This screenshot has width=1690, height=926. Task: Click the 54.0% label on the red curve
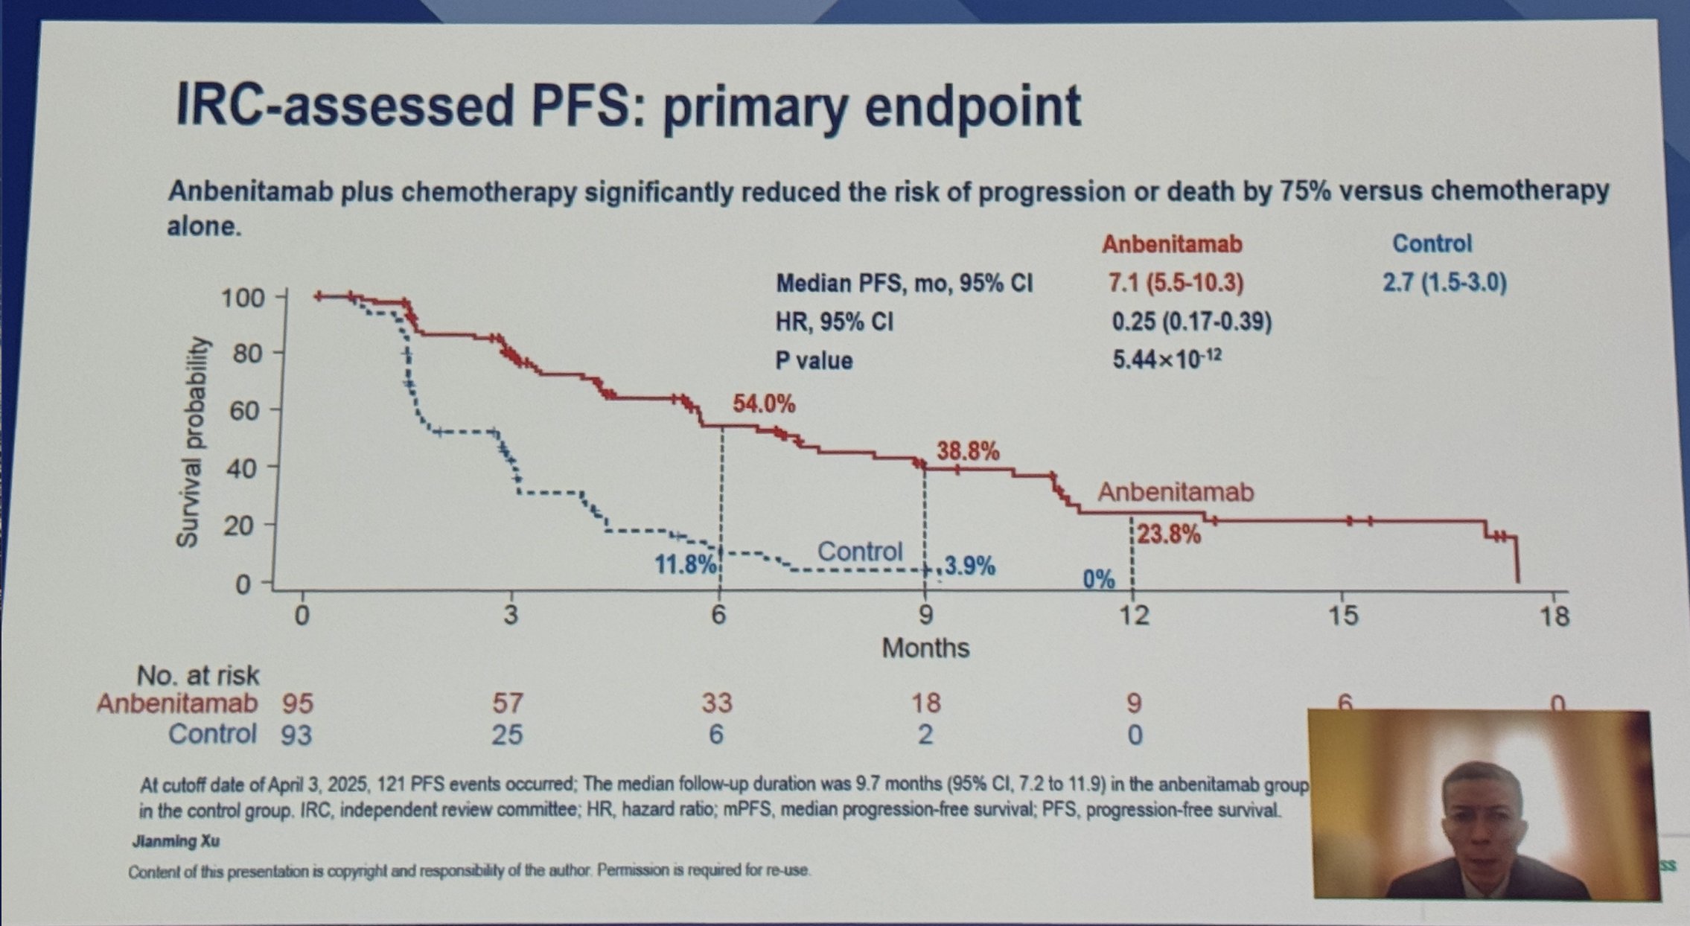click(764, 404)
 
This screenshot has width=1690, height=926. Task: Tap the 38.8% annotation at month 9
click(968, 451)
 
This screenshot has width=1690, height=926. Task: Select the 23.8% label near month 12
click(1169, 534)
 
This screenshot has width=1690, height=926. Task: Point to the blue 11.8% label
click(685, 564)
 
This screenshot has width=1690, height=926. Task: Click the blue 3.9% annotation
click(970, 566)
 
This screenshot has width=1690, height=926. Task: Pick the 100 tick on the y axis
click(243, 298)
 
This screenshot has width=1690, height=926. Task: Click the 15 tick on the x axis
click(1342, 616)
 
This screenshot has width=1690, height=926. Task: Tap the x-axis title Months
click(925, 648)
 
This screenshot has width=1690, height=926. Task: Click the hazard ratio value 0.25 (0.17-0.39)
click(1191, 322)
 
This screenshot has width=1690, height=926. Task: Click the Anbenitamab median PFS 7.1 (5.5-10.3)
click(1176, 284)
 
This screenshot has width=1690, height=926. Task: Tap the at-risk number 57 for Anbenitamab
click(508, 703)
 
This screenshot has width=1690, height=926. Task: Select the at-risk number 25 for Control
click(506, 735)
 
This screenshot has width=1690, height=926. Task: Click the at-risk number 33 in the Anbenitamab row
click(716, 703)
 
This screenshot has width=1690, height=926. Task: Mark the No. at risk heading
click(198, 676)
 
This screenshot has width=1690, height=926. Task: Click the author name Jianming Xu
click(176, 842)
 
